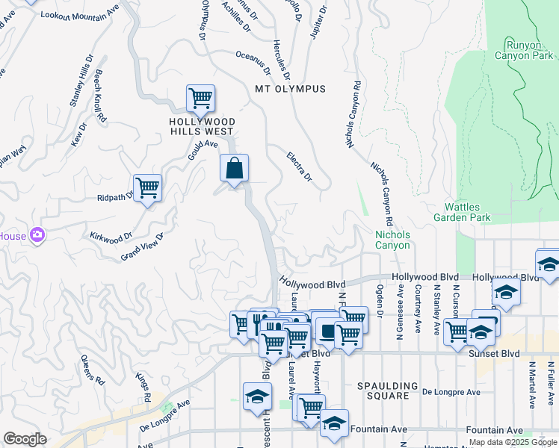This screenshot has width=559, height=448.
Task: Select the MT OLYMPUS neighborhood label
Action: click(x=291, y=89)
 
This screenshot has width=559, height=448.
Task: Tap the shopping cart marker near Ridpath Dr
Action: click(x=147, y=187)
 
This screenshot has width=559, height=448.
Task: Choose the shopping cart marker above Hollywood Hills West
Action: click(x=200, y=98)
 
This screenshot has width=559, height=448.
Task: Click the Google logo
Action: click(x=25, y=439)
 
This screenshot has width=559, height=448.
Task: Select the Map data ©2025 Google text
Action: click(x=512, y=442)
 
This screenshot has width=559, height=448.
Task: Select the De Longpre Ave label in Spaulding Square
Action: click(x=451, y=391)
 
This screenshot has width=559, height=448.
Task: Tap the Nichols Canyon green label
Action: click(x=392, y=240)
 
